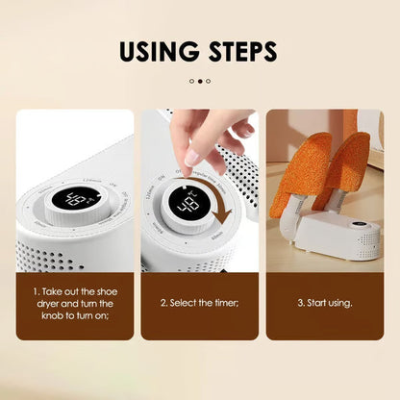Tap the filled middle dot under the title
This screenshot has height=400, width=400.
pos(199,82)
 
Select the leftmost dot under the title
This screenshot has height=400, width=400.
pos(191,82)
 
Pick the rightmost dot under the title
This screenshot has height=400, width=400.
pos(208,82)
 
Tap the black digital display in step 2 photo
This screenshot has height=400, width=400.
pos(187,202)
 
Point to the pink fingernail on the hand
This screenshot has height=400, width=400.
pos(191,158)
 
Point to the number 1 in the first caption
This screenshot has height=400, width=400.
pos(36,289)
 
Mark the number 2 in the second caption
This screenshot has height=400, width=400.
pos(162,303)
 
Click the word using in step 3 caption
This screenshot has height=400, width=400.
pos(337,303)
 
